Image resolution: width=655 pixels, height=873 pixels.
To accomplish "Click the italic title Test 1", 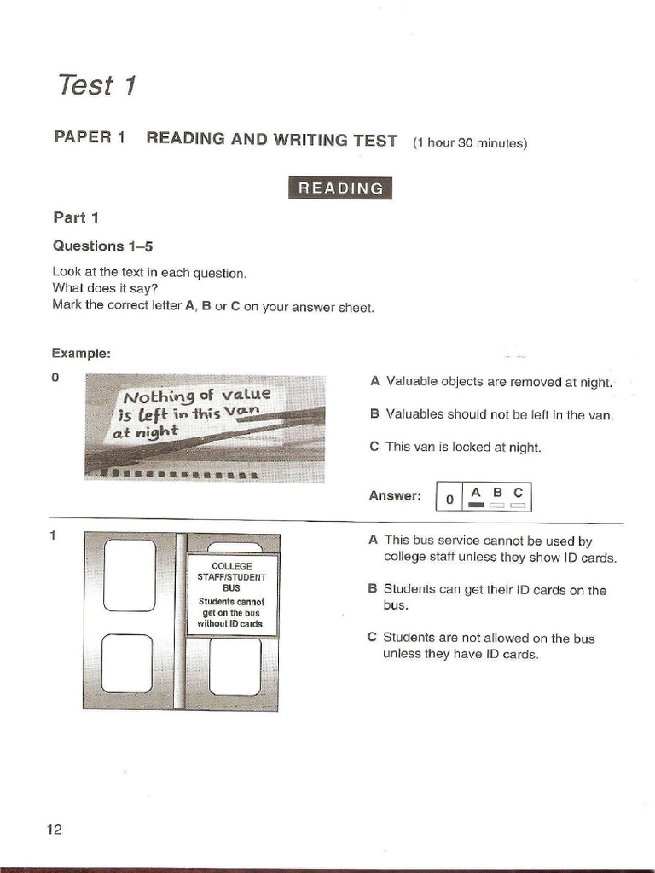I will pyautogui.click(x=96, y=85).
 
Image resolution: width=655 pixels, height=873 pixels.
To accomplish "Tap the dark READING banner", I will pyautogui.click(x=340, y=188).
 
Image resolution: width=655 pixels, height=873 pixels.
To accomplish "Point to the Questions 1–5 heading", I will pyautogui.click(x=102, y=246).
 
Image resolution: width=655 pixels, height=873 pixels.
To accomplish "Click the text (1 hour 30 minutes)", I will pyautogui.click(x=470, y=143).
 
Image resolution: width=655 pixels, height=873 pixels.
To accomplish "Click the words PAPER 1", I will pyautogui.click(x=90, y=139).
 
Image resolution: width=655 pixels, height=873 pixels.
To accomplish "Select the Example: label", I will pyautogui.click(x=81, y=353).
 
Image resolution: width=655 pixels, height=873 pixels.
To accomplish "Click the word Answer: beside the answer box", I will pyautogui.click(x=395, y=495).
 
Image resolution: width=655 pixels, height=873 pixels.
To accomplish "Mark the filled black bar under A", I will pyautogui.click(x=475, y=506).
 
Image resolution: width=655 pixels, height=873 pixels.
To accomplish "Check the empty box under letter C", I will pyautogui.click(x=517, y=506).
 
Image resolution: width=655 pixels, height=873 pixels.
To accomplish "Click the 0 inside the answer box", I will pyautogui.click(x=449, y=500).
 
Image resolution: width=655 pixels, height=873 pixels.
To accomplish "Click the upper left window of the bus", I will pyautogui.click(x=130, y=575).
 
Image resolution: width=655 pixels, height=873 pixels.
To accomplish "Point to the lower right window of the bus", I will pyautogui.click(x=235, y=666).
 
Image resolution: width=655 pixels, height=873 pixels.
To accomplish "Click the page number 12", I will pyautogui.click(x=55, y=830).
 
